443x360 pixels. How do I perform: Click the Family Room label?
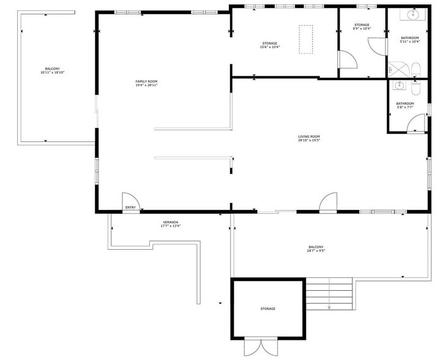pyautogui.click(x=147, y=81)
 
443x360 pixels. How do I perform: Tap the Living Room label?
pyautogui.click(x=309, y=137)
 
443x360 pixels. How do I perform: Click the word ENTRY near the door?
pyautogui.click(x=130, y=208)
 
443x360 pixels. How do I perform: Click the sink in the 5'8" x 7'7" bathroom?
pyautogui.click(x=400, y=85)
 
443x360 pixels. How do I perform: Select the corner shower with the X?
pyautogui.click(x=397, y=69)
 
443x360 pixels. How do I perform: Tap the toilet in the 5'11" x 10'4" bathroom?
pyautogui.click(x=415, y=69)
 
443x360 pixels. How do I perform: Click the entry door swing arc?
pyautogui.click(x=130, y=200)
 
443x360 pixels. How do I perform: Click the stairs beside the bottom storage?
pyautogui.click(x=330, y=293)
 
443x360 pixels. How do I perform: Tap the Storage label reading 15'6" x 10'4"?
pyautogui.click(x=269, y=43)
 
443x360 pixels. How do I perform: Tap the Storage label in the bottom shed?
pyautogui.click(x=267, y=309)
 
